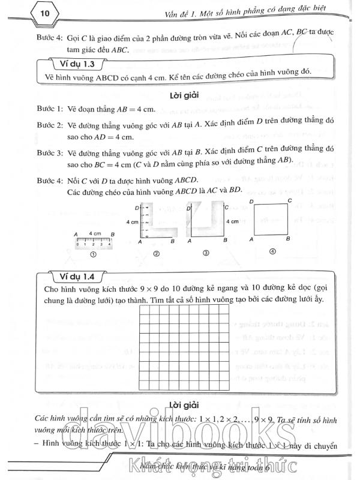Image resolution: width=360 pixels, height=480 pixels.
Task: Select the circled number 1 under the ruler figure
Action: point(93,254)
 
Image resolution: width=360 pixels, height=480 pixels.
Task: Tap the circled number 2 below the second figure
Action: point(155,254)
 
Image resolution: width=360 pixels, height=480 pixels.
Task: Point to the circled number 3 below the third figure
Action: point(205,254)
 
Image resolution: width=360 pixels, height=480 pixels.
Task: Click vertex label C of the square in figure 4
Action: point(290,200)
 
